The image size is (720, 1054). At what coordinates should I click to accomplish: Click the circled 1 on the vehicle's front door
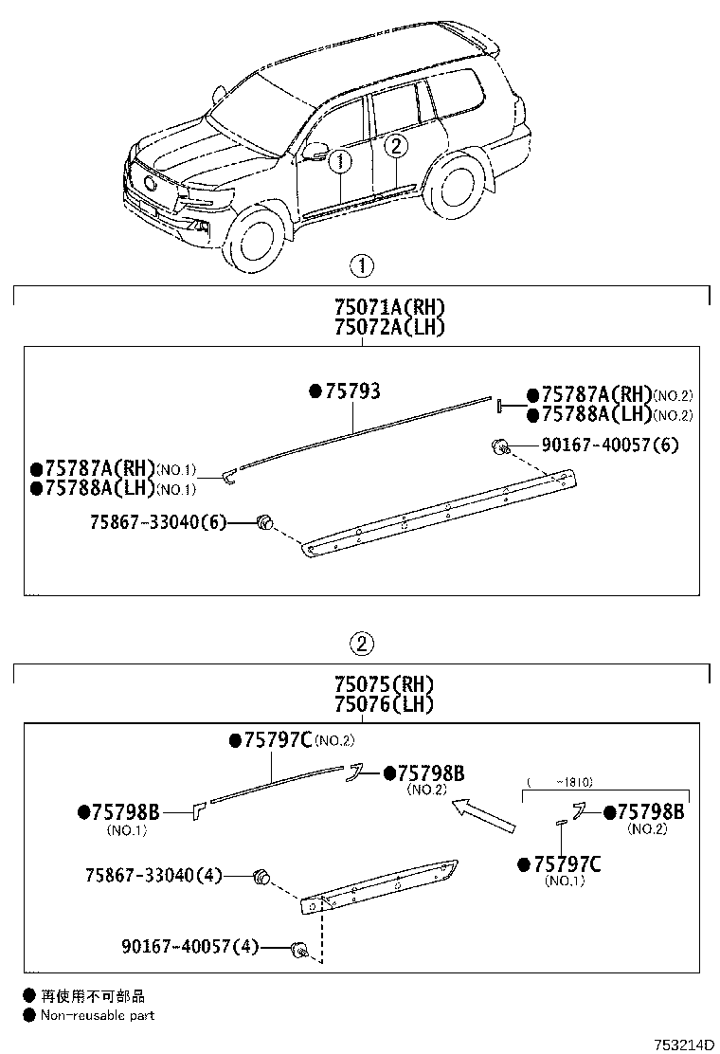click(x=341, y=161)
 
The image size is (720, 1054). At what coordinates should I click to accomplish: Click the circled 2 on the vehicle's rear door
click(x=397, y=145)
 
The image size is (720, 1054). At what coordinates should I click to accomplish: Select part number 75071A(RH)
click(x=388, y=308)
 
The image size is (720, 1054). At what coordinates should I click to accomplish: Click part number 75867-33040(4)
click(x=157, y=876)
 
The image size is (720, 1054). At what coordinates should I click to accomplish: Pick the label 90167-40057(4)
click(x=189, y=946)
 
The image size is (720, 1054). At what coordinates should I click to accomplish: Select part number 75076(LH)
click(x=383, y=704)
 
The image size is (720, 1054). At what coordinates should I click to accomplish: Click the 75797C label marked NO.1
click(x=567, y=863)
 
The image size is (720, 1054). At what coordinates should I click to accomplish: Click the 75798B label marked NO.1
click(x=125, y=812)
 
